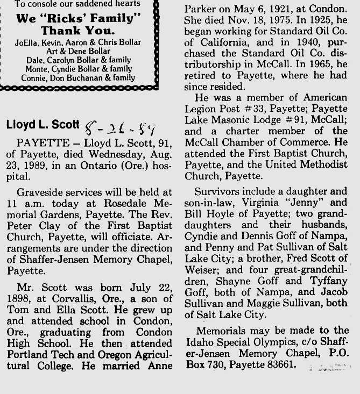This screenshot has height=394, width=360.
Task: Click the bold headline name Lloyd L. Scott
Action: coord(42,125)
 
